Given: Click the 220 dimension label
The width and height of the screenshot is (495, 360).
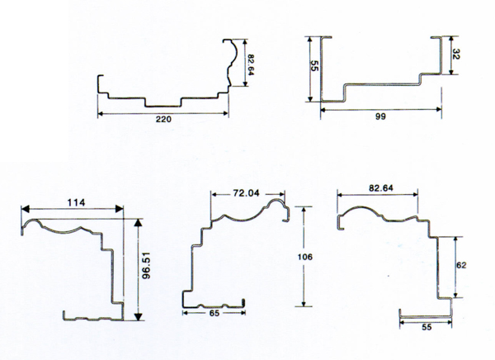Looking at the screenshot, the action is tap(163, 119).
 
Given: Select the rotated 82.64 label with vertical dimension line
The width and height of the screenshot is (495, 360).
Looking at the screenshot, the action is tap(250, 64).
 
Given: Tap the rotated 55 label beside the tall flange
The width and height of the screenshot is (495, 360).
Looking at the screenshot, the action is tap(314, 66).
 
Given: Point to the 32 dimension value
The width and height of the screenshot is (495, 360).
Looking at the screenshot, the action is tap(456, 54).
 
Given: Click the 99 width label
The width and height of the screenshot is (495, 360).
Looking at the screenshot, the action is tap(380, 116).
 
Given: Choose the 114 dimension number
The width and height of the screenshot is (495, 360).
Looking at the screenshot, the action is tap(77, 202).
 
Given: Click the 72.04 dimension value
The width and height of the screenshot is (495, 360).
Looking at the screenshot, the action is tap(246, 193).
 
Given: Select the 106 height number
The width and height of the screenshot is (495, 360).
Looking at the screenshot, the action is tap(305, 257).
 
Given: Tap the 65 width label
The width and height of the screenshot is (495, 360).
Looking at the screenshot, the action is tap(214, 313).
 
